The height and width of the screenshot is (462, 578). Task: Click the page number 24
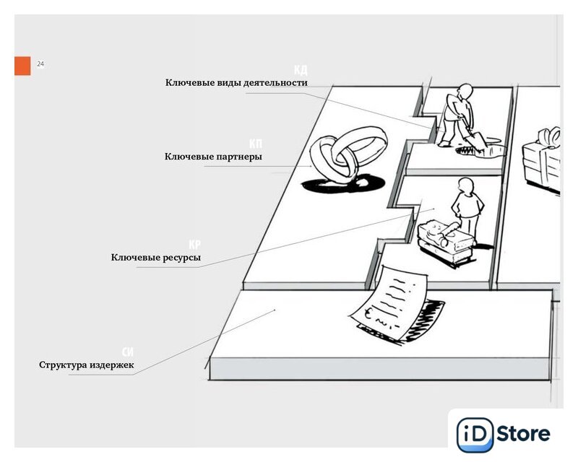tap(40, 65)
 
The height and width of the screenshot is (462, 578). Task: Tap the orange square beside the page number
tap(22, 66)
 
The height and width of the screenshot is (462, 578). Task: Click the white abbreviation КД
tap(301, 70)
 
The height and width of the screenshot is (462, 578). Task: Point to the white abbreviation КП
tap(256, 144)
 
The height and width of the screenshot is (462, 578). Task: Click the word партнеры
tap(239, 157)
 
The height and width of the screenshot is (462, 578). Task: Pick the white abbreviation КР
tap(194, 245)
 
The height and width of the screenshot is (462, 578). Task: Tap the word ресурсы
tap(180, 258)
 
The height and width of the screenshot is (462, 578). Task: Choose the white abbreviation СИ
tap(128, 352)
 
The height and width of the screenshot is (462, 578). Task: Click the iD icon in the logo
tap(475, 435)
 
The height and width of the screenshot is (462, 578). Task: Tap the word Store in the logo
tap(525, 434)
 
